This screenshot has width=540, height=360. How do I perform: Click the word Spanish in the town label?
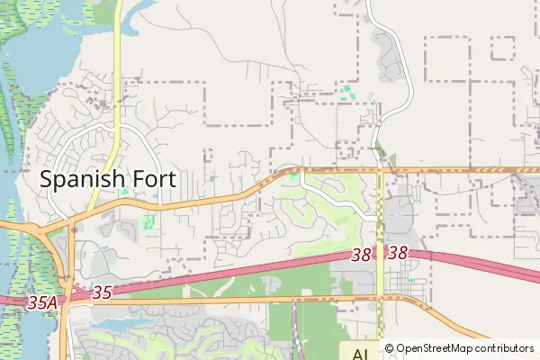tap(83, 179)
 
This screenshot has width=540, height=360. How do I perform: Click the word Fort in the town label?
tap(153, 179)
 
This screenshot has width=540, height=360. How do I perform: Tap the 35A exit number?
tap(42, 304)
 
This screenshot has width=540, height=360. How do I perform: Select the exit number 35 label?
tap(101, 292)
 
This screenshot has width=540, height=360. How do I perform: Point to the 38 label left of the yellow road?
tap(361, 256)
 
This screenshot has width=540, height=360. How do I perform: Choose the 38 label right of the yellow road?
tap(399, 255)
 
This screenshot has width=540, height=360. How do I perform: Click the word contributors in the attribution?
tap(503, 348)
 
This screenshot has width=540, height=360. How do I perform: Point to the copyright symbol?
tap(390, 348)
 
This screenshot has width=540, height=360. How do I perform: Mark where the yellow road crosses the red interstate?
tap(380, 256)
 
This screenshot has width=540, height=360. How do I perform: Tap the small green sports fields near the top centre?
tap(346, 91)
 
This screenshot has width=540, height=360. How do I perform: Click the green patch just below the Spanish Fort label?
tap(148, 220)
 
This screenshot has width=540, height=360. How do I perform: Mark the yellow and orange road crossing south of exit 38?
tap(380, 298)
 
